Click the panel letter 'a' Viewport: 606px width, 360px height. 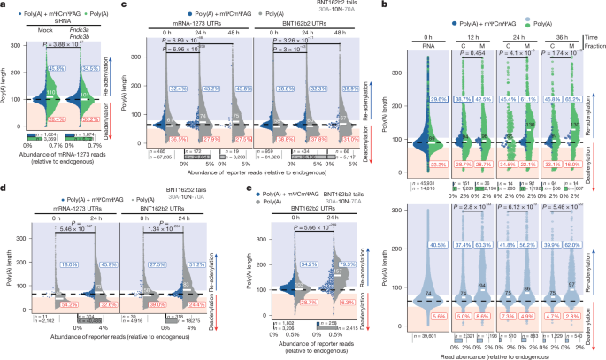tap(4, 5)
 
